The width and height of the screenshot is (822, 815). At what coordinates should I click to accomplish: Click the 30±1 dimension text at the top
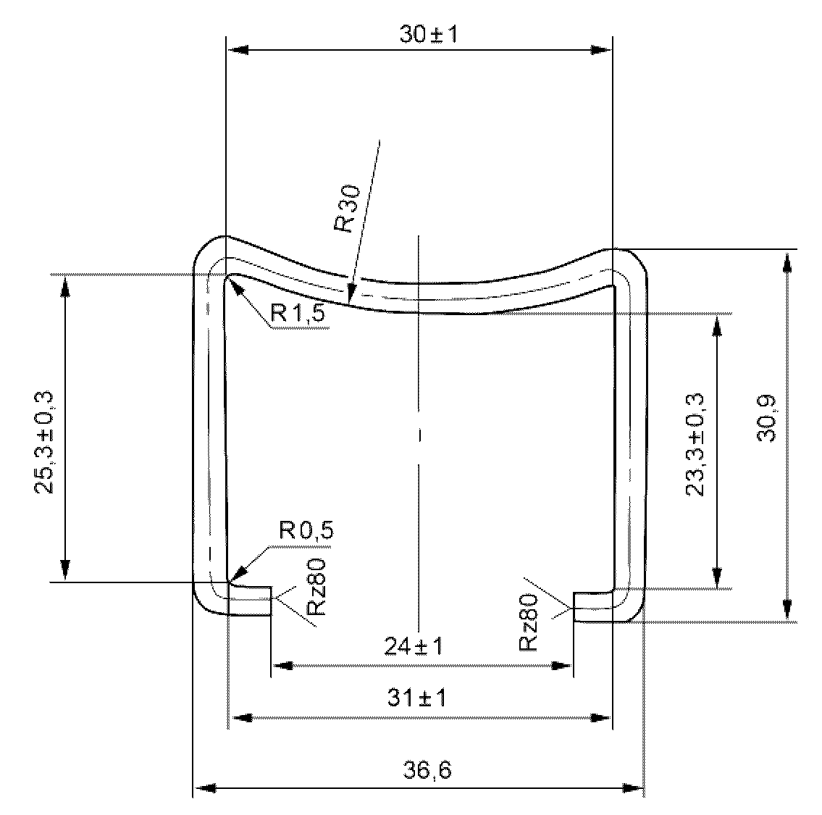pyautogui.click(x=428, y=35)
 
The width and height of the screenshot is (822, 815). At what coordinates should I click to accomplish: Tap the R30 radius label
pyautogui.click(x=348, y=209)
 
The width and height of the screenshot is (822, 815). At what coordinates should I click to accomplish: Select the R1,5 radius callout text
pyautogui.click(x=298, y=313)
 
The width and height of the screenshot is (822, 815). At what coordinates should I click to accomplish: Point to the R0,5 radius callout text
pyautogui.click(x=306, y=530)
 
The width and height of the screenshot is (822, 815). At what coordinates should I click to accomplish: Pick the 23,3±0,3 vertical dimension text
pyautogui.click(x=695, y=445)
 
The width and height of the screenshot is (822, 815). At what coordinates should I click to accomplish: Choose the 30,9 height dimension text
pyautogui.click(x=767, y=419)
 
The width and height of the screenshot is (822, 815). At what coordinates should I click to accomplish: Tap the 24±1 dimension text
pyautogui.click(x=414, y=645)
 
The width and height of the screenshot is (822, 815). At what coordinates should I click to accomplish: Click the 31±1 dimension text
pyautogui.click(x=416, y=698)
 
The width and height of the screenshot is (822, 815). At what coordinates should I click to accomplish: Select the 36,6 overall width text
pyautogui.click(x=427, y=770)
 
